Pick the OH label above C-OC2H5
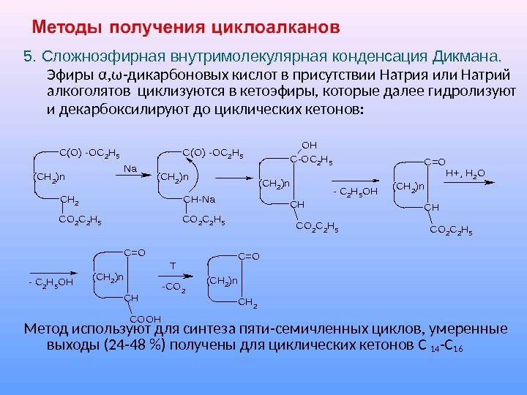click(309, 145)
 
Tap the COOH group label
click(144, 318)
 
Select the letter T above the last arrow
click(173, 266)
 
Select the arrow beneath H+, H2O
click(466, 184)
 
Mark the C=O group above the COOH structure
click(135, 253)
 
